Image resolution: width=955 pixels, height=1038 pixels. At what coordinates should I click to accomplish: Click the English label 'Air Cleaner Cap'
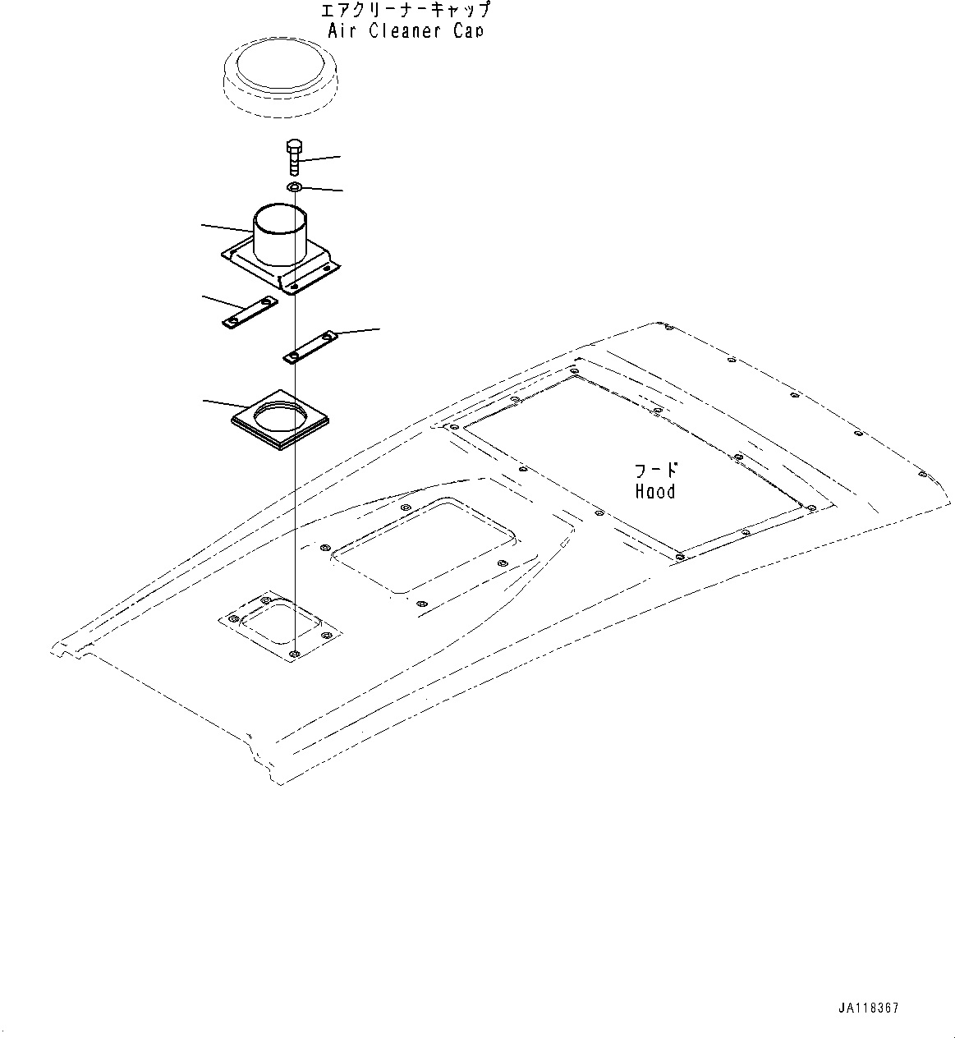tap(405, 31)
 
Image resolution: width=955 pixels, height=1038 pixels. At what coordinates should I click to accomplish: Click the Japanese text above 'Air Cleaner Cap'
tap(406, 11)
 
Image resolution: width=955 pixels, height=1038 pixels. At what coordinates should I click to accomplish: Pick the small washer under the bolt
tap(294, 188)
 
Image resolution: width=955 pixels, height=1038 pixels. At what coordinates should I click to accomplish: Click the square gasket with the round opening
tap(280, 418)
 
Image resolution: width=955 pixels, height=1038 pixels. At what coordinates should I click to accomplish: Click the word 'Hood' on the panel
tap(655, 492)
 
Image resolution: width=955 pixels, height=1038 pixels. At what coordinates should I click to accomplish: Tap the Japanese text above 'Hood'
tap(656, 471)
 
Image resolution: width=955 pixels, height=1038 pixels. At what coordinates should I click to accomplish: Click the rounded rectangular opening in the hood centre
tap(424, 545)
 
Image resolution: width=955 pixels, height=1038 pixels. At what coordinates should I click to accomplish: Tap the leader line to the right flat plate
tap(358, 331)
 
